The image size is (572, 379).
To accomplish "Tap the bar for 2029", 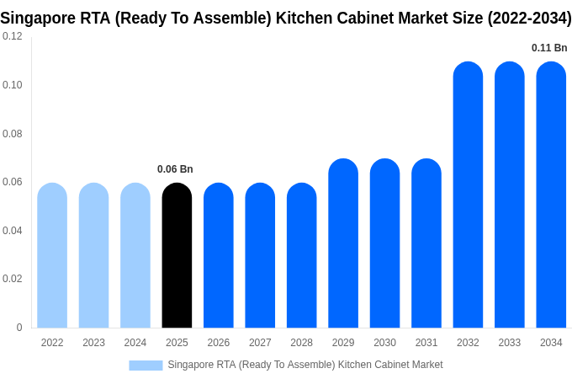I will (343, 243).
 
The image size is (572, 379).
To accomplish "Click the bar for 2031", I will (426, 243).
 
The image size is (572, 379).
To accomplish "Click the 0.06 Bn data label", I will (175, 169).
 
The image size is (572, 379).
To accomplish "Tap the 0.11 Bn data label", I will (549, 48).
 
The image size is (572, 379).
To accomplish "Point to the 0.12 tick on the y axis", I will (13, 37).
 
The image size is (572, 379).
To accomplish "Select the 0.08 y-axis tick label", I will (13, 134).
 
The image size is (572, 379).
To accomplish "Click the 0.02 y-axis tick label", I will (13, 279).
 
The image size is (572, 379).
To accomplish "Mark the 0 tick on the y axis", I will (19, 328).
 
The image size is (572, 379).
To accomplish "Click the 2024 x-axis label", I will (135, 343).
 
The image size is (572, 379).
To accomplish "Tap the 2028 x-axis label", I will (301, 343).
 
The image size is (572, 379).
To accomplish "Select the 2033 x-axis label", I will (509, 343).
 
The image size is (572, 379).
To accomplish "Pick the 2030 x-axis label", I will (384, 343).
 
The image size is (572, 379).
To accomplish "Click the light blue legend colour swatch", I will (146, 365).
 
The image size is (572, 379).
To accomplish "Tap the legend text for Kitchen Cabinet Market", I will (389, 365).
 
